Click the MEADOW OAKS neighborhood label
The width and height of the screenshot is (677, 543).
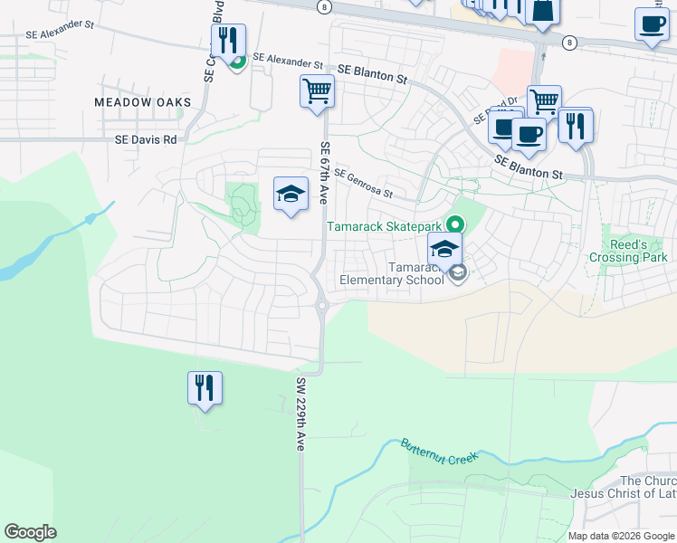(x=143, y=102)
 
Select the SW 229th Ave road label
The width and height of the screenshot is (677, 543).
(x=300, y=414)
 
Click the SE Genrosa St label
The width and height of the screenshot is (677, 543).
(x=363, y=183)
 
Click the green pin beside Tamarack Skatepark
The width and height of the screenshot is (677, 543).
(x=455, y=223)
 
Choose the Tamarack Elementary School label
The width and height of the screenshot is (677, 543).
(x=392, y=273)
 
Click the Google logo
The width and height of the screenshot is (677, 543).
(x=30, y=532)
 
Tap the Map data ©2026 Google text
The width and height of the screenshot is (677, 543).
(x=620, y=536)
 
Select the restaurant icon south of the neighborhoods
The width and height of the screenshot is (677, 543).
(x=205, y=388)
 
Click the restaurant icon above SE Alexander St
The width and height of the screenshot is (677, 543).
(x=228, y=41)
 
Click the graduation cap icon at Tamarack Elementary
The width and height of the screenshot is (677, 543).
(x=445, y=249)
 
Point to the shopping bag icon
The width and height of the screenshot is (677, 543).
(x=543, y=11)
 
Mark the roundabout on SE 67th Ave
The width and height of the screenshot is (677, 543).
(x=322, y=306)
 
